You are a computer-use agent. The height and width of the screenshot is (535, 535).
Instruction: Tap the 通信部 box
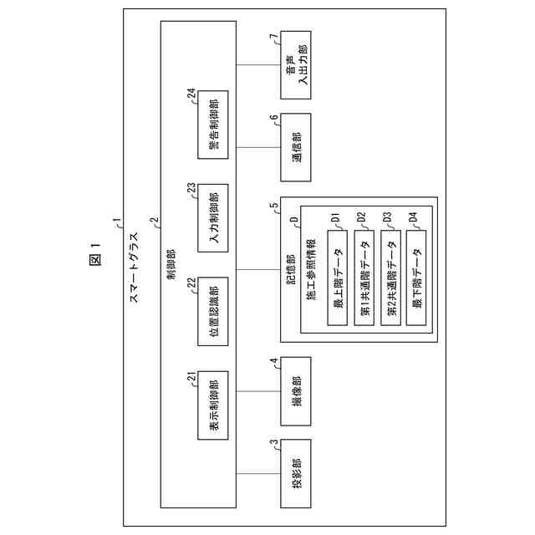296,146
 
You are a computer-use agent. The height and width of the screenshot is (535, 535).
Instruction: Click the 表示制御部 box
214,408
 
